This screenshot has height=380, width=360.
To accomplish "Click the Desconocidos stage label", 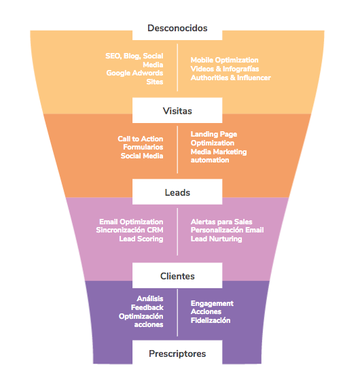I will coord(177,29).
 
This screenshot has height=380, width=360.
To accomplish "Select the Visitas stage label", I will coord(177,111).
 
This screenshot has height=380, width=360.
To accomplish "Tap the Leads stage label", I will coord(177,192).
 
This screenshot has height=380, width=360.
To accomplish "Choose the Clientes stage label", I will coord(177,276).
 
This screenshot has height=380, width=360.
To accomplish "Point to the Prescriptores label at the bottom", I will coord(177,353).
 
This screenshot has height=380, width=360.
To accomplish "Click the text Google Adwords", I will coord(134,73).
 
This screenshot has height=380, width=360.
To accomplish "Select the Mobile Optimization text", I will coord(224,61).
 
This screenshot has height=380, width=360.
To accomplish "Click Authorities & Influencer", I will coord(230,77).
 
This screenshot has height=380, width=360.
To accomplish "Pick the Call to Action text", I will coord(140,139).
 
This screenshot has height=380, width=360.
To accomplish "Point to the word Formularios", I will coord(143,147).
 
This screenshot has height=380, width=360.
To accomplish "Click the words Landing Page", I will coord(213,135).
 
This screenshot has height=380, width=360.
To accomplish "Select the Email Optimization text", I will coord(131,222).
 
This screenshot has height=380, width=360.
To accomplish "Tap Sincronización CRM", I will coord(130,230).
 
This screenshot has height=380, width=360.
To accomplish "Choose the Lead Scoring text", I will coord(141,239).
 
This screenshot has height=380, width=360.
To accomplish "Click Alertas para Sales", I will coord(221,222).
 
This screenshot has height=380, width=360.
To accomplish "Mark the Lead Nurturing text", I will coord(216,239).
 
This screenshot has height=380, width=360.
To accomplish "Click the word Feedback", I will coord(147,308).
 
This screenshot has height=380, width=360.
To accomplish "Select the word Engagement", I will coord(212,303).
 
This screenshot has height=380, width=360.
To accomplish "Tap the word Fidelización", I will coord(211,320).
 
